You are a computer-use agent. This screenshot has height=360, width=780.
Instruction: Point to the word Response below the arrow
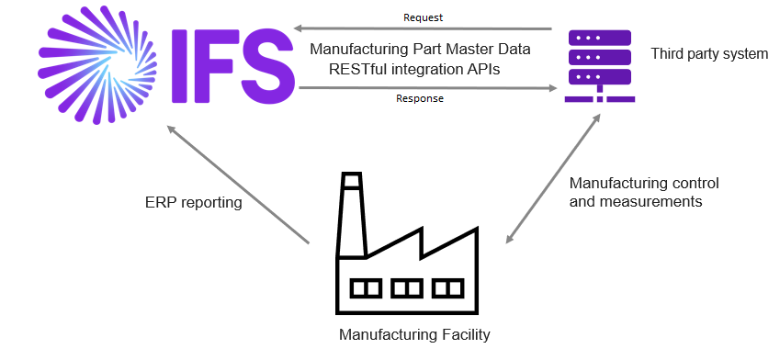click(x=420, y=98)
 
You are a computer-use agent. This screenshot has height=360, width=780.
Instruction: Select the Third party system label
click(x=708, y=54)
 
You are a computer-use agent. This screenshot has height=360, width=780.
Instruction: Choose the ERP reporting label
click(x=193, y=202)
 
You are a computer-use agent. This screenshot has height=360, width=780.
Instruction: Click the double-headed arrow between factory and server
click(x=553, y=179)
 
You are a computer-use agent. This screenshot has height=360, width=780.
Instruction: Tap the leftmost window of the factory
click(x=366, y=288)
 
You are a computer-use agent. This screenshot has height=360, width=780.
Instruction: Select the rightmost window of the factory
click(x=447, y=288)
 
